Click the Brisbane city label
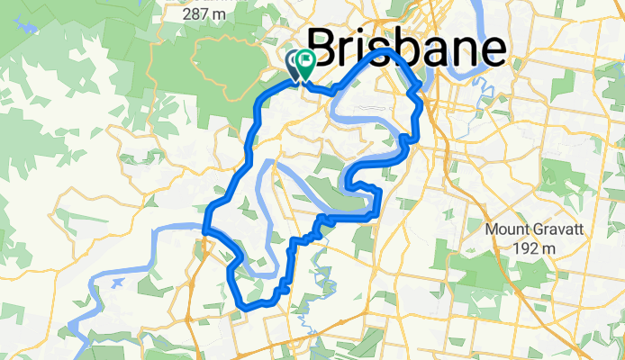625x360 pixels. [x=406, y=47]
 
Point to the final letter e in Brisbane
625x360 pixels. [x=492, y=50]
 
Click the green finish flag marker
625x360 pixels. [x=305, y=64]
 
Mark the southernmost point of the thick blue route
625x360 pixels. [x=245, y=309]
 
